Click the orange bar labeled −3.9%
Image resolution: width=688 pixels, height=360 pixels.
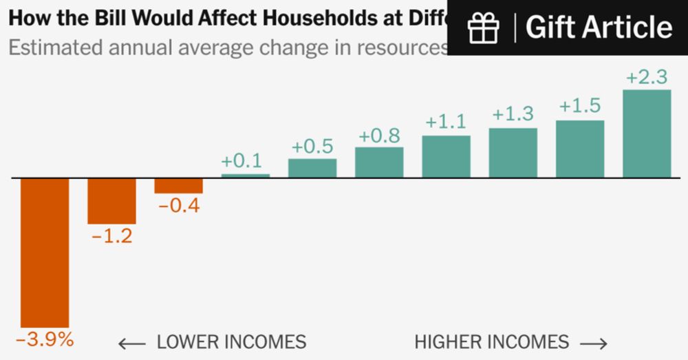(45, 252)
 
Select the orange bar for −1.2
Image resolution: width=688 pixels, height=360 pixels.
(111, 200)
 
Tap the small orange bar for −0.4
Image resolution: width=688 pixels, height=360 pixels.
(178, 185)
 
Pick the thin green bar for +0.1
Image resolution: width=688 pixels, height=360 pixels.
(245, 176)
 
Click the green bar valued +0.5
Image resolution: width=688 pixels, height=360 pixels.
(312, 168)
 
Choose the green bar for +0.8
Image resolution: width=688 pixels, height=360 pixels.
(379, 162)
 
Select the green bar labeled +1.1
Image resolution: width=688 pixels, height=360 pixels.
(446, 156)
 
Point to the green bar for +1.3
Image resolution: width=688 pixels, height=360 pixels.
(513, 153)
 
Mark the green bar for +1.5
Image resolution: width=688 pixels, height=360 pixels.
(580, 149)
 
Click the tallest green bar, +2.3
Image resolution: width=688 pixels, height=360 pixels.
(647, 134)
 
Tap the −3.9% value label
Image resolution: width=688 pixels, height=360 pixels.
(45, 339)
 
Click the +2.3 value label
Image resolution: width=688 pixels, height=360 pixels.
(647, 78)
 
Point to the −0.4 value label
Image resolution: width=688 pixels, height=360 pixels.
(178, 205)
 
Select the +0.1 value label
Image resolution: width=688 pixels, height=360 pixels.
(241, 162)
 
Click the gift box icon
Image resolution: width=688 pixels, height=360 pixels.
(483, 28)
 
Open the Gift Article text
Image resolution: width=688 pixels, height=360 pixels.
(599, 28)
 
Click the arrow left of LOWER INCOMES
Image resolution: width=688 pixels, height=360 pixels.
(131, 343)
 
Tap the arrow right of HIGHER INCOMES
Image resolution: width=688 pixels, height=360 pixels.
(593, 343)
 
